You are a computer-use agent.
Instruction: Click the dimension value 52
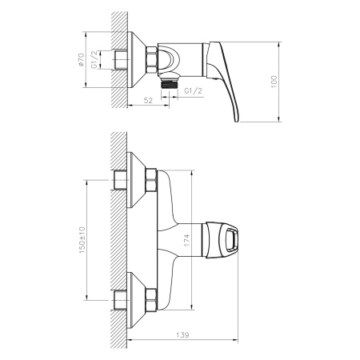point(148,101)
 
